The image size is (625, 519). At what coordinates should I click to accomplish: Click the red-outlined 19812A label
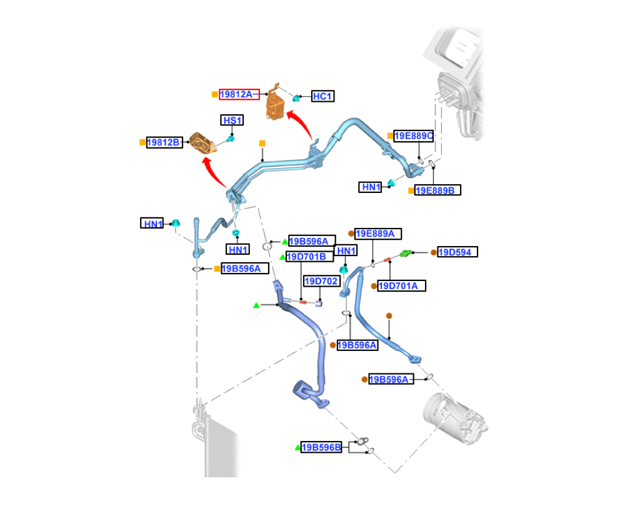click(239, 94)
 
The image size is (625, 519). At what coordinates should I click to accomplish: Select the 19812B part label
click(164, 142)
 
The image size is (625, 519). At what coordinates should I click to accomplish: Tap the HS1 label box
click(232, 121)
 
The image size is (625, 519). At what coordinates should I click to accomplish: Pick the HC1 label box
click(322, 96)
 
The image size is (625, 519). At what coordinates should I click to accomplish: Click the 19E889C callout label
click(413, 136)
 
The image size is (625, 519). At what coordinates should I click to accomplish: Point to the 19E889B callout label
click(437, 190)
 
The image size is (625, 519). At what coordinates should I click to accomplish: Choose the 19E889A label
click(378, 234)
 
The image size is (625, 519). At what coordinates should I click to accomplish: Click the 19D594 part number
click(457, 252)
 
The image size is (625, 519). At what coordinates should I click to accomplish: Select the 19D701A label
click(401, 285)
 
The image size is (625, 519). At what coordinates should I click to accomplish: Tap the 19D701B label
click(310, 257)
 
